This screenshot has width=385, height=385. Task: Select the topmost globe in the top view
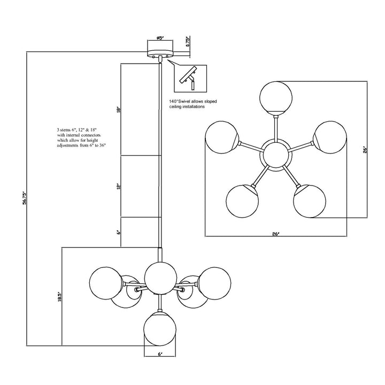click(x=275, y=96)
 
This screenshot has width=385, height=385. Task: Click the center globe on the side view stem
click(x=160, y=277)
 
